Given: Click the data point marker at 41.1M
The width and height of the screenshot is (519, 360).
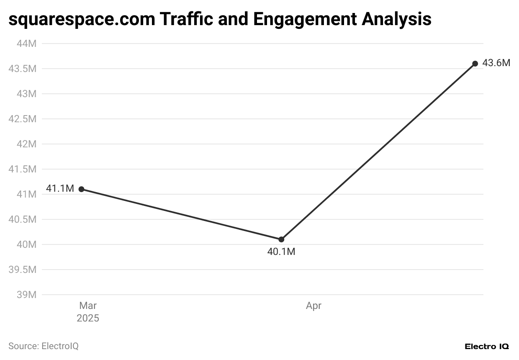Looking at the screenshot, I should point(81,189).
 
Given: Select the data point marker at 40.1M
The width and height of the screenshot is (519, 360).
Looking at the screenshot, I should point(281,239).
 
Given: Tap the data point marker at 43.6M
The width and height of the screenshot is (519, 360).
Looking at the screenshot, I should point(475,64).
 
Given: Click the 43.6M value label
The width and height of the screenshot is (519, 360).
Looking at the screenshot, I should point(496,63).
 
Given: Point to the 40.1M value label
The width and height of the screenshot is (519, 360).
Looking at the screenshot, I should point(281,252).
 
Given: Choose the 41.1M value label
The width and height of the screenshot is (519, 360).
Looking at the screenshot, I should point(60,189).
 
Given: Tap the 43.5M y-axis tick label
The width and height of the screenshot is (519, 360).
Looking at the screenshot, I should point(23,69).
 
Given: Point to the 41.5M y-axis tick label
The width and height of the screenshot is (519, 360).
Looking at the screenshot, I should point(23,169).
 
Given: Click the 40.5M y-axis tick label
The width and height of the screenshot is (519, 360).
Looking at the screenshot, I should point(23,219).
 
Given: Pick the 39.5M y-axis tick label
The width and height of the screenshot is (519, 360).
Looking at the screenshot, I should point(23,270).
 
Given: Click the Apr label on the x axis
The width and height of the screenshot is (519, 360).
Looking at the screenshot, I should point(313,306).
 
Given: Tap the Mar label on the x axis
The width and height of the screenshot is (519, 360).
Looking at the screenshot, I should point(88,306).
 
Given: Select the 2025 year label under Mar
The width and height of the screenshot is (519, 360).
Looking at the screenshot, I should point(88,319).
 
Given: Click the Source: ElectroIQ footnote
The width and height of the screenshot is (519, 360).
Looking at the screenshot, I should point(44,346).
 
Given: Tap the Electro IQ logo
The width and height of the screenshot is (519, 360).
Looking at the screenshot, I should point(487,347).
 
